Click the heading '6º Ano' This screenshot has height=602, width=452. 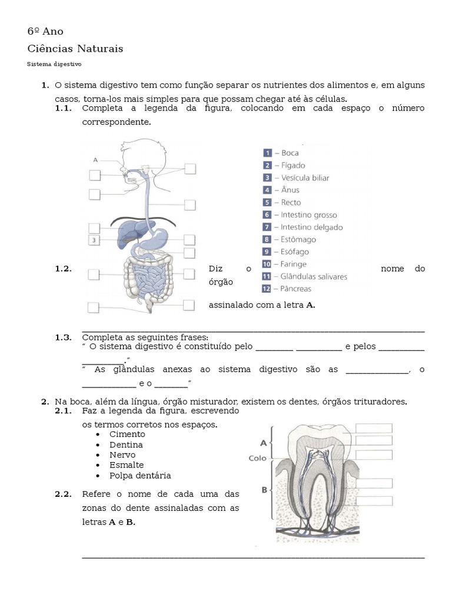[x=45, y=31]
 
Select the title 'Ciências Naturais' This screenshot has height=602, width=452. [x=75, y=49]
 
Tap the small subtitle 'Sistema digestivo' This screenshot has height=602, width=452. [x=54, y=64]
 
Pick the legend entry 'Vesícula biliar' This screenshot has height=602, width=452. [x=304, y=178]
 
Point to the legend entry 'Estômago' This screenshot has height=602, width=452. [x=298, y=239]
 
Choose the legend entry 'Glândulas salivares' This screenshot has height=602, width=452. [x=314, y=276]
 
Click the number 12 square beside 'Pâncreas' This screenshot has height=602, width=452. [x=267, y=289]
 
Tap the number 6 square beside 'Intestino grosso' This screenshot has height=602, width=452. [x=267, y=215]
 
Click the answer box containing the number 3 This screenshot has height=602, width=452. [x=94, y=240]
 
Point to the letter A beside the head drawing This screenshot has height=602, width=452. [x=95, y=159]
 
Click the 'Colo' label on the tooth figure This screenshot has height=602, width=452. [x=257, y=458]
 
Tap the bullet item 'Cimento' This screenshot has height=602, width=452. [x=127, y=434]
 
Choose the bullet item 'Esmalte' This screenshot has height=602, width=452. [x=127, y=465]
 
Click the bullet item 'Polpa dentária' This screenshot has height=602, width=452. [x=140, y=476]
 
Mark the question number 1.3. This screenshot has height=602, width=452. [x=64, y=337]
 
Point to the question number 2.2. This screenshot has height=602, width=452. [x=64, y=494]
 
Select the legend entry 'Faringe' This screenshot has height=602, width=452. [x=294, y=264]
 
